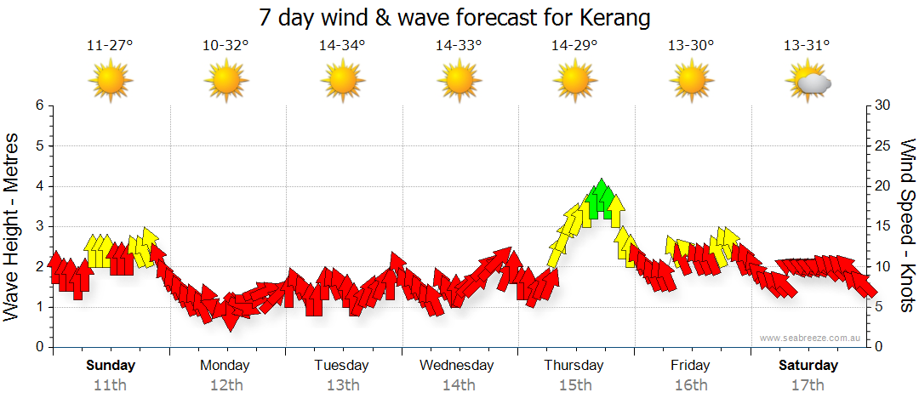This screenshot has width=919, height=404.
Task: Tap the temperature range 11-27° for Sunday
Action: point(110,46)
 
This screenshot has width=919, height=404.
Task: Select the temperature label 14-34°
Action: point(342,46)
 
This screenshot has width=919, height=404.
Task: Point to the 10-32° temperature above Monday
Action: point(225,46)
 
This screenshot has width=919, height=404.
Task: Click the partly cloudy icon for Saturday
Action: point(809,82)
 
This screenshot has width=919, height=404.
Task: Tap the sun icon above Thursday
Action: point(574,82)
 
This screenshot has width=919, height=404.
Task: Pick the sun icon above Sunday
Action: point(110,82)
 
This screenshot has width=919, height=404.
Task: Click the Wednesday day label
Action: point(457,366)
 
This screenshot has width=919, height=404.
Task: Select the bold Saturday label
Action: point(808,366)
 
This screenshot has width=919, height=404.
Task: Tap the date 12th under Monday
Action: point(225,385)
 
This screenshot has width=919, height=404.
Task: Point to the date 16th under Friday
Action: point(691,385)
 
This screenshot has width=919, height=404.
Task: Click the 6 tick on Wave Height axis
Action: point(39,105)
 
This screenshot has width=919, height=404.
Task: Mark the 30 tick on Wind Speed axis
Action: point(883,105)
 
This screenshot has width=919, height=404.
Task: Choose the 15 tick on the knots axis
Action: point(883,226)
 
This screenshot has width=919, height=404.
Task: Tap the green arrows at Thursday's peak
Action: point(602,200)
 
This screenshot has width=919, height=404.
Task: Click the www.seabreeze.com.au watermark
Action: point(811,338)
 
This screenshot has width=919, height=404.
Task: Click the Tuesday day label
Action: point(341,366)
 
